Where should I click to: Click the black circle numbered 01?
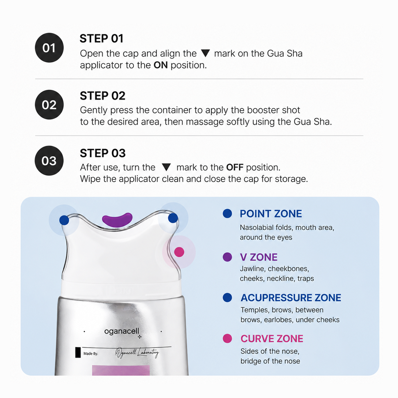point(49,48)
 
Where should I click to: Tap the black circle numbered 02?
point(49,104)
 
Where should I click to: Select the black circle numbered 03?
point(49,161)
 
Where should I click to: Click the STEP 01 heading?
point(102,38)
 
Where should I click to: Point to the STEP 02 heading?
point(103,96)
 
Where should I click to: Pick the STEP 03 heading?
point(103,153)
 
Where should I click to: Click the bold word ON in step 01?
point(161,65)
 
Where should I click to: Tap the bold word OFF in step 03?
point(235,167)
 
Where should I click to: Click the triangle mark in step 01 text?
point(205,53)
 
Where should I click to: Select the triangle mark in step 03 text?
point(166,167)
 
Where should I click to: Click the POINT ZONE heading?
point(271,214)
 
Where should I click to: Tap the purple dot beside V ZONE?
point(227,257)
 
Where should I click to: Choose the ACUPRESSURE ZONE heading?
point(291,298)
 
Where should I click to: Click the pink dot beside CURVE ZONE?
point(227,339)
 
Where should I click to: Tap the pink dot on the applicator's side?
point(179,252)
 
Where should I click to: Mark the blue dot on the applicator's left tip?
point(64,220)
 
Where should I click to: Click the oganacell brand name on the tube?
point(122,331)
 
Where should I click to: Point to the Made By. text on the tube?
point(91,354)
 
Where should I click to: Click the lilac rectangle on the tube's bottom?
point(121,370)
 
